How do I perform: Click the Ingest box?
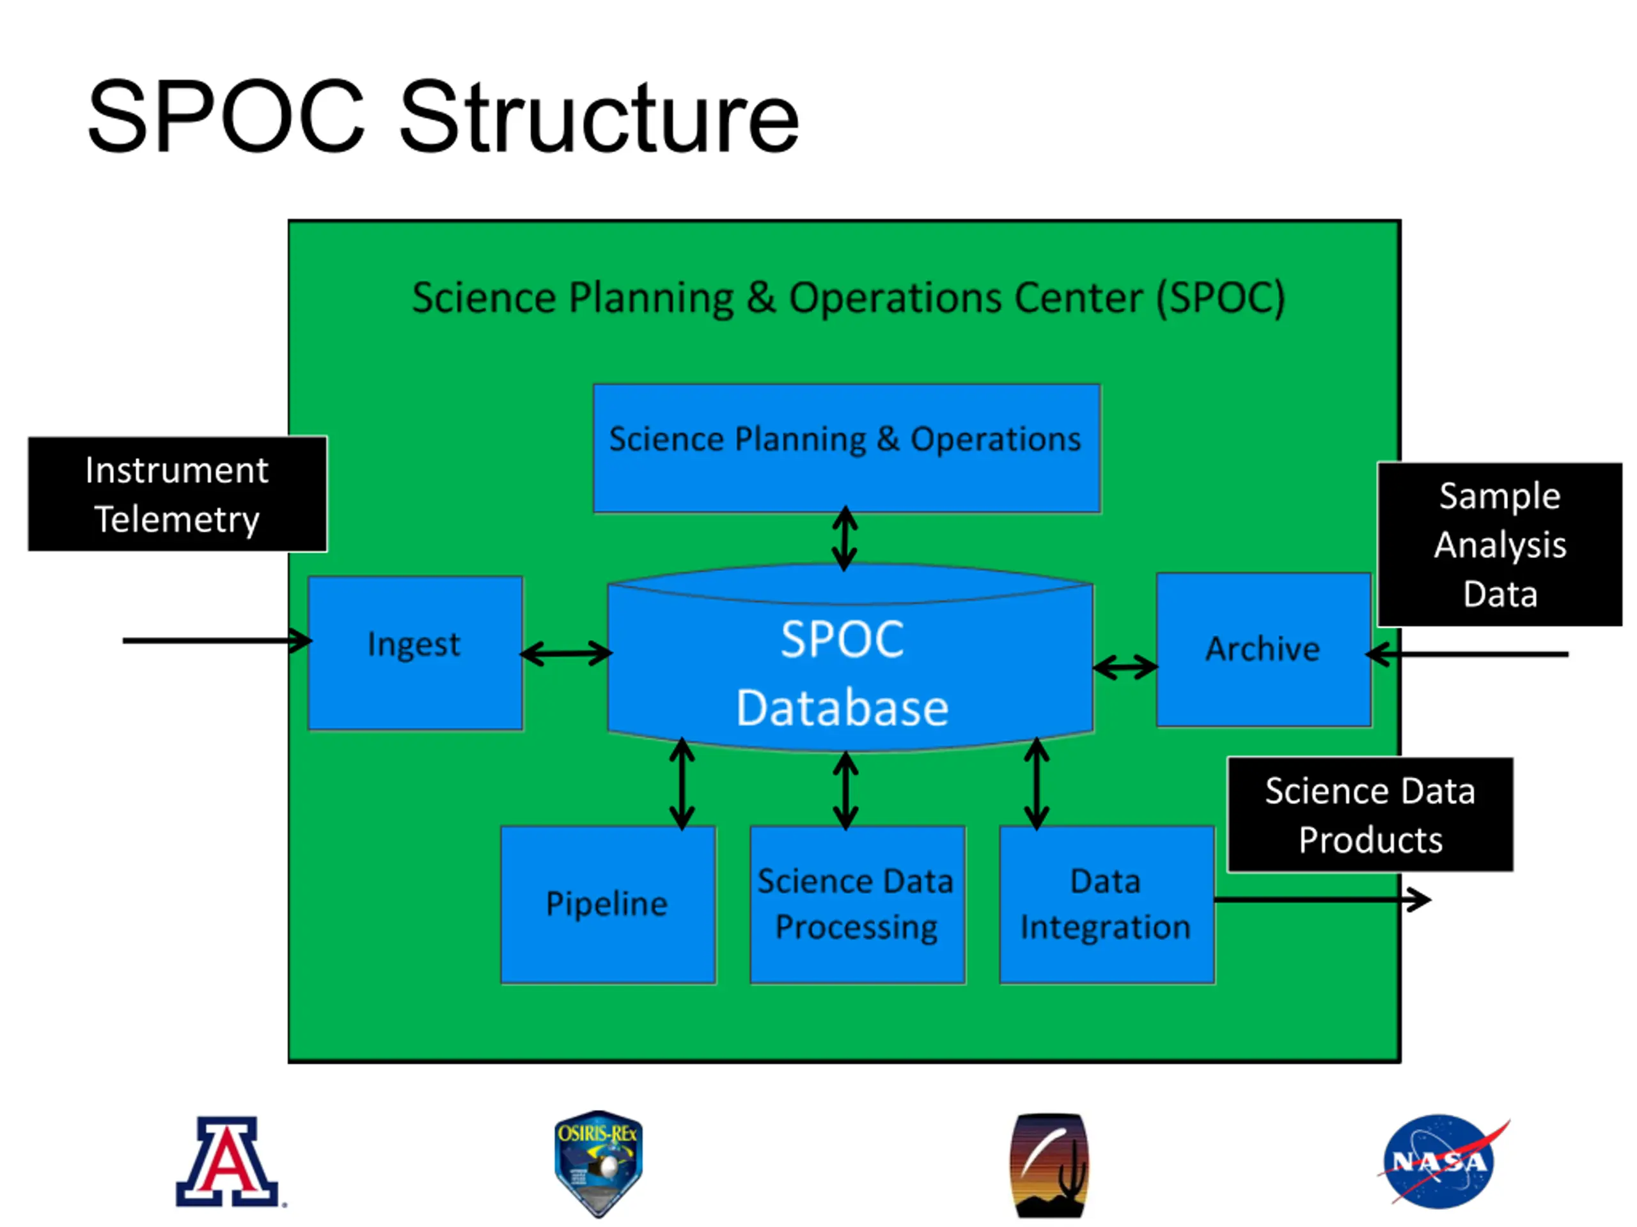pos(415,653)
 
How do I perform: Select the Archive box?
pos(1264,649)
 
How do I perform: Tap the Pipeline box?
pos(608,904)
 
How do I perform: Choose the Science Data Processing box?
pos(858,904)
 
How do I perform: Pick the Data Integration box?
pos(1107,904)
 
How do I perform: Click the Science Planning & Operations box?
pos(847,448)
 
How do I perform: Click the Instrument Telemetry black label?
pos(178,494)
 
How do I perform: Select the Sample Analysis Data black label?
pos(1500,544)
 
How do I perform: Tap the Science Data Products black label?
pos(1370,814)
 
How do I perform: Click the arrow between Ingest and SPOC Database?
pos(566,654)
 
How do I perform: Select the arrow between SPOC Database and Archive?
pos(1125,668)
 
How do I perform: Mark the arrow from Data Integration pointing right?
pos(1323,900)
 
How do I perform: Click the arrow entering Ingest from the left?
pos(217,640)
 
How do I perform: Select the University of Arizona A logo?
pos(230,1162)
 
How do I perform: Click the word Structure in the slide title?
pos(599,118)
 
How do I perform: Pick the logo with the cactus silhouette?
pos(1049,1166)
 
